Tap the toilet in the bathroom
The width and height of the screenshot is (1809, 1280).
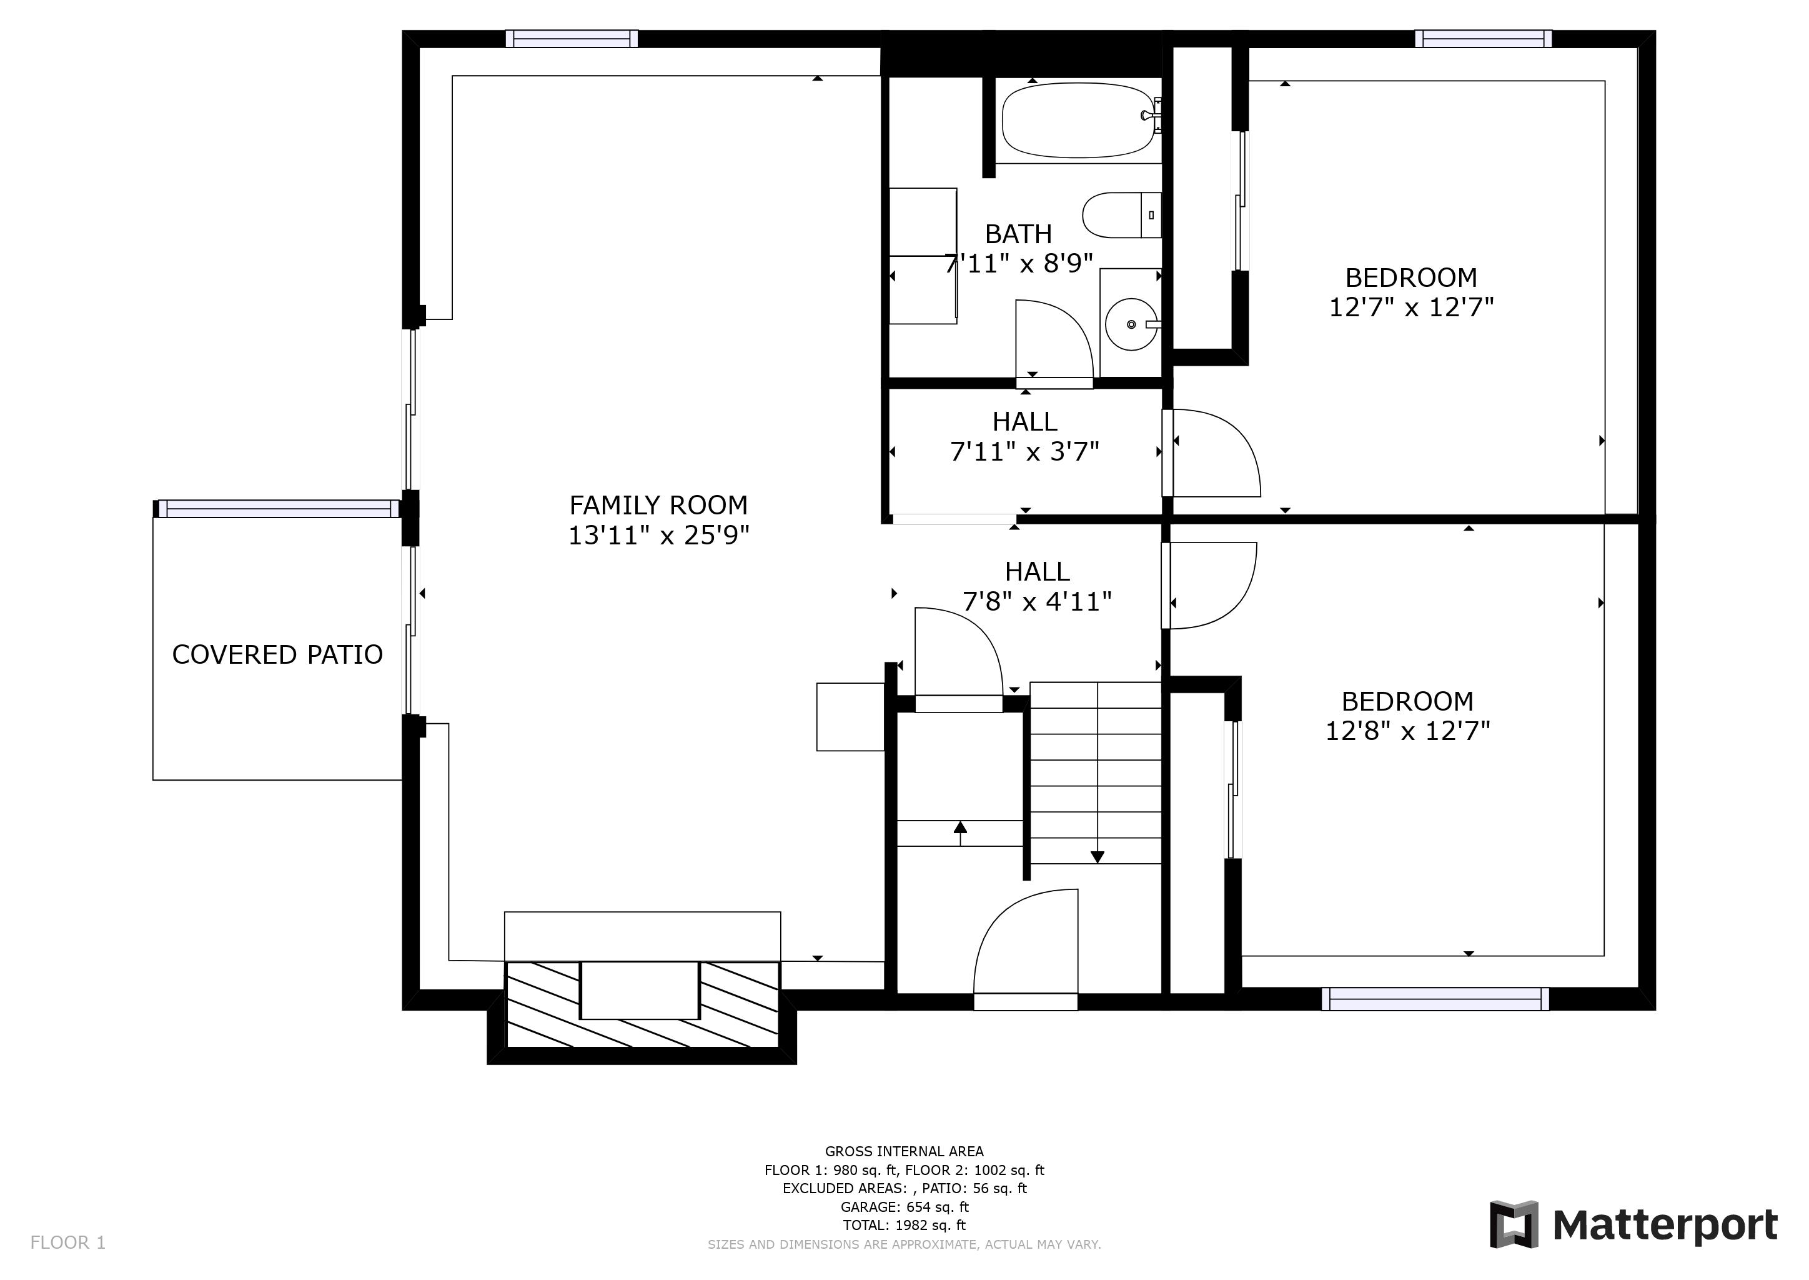pyautogui.click(x=1121, y=215)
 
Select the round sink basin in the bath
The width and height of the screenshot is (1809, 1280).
pyautogui.click(x=1131, y=324)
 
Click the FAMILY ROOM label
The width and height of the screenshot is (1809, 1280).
pyautogui.click(x=658, y=505)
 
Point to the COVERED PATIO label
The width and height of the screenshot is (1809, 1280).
pyautogui.click(x=277, y=655)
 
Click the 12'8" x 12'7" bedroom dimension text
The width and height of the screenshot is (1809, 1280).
pyautogui.click(x=1407, y=731)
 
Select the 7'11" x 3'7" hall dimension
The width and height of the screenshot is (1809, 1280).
pyautogui.click(x=1024, y=452)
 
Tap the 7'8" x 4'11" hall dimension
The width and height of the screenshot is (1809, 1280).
pyautogui.click(x=1037, y=602)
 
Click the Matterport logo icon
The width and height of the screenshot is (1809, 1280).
pyautogui.click(x=1514, y=1224)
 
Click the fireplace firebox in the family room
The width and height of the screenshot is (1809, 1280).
pyautogui.click(x=640, y=990)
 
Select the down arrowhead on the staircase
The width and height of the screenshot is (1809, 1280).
pyautogui.click(x=1097, y=857)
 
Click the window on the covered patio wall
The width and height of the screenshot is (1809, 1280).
pyautogui.click(x=278, y=508)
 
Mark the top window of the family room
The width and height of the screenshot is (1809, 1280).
pyautogui.click(x=571, y=39)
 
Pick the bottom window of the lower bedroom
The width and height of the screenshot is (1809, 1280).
pyautogui.click(x=1435, y=999)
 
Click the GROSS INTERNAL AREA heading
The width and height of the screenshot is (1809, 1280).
pyautogui.click(x=904, y=1151)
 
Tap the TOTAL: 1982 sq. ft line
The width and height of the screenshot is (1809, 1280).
pyautogui.click(x=904, y=1226)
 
